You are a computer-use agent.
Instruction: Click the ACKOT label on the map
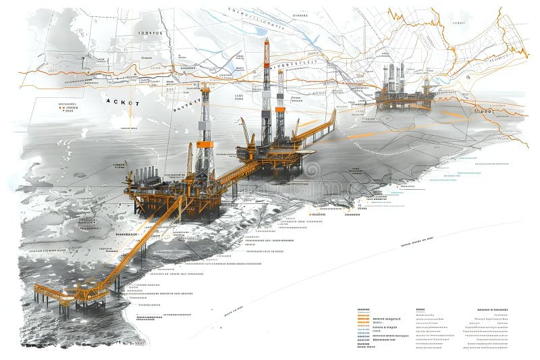pyautogui.click(x=122, y=103)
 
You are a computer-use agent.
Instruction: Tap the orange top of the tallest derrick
pyautogui.click(x=266, y=51)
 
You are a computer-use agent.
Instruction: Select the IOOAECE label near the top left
pyautogui.click(x=150, y=32)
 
